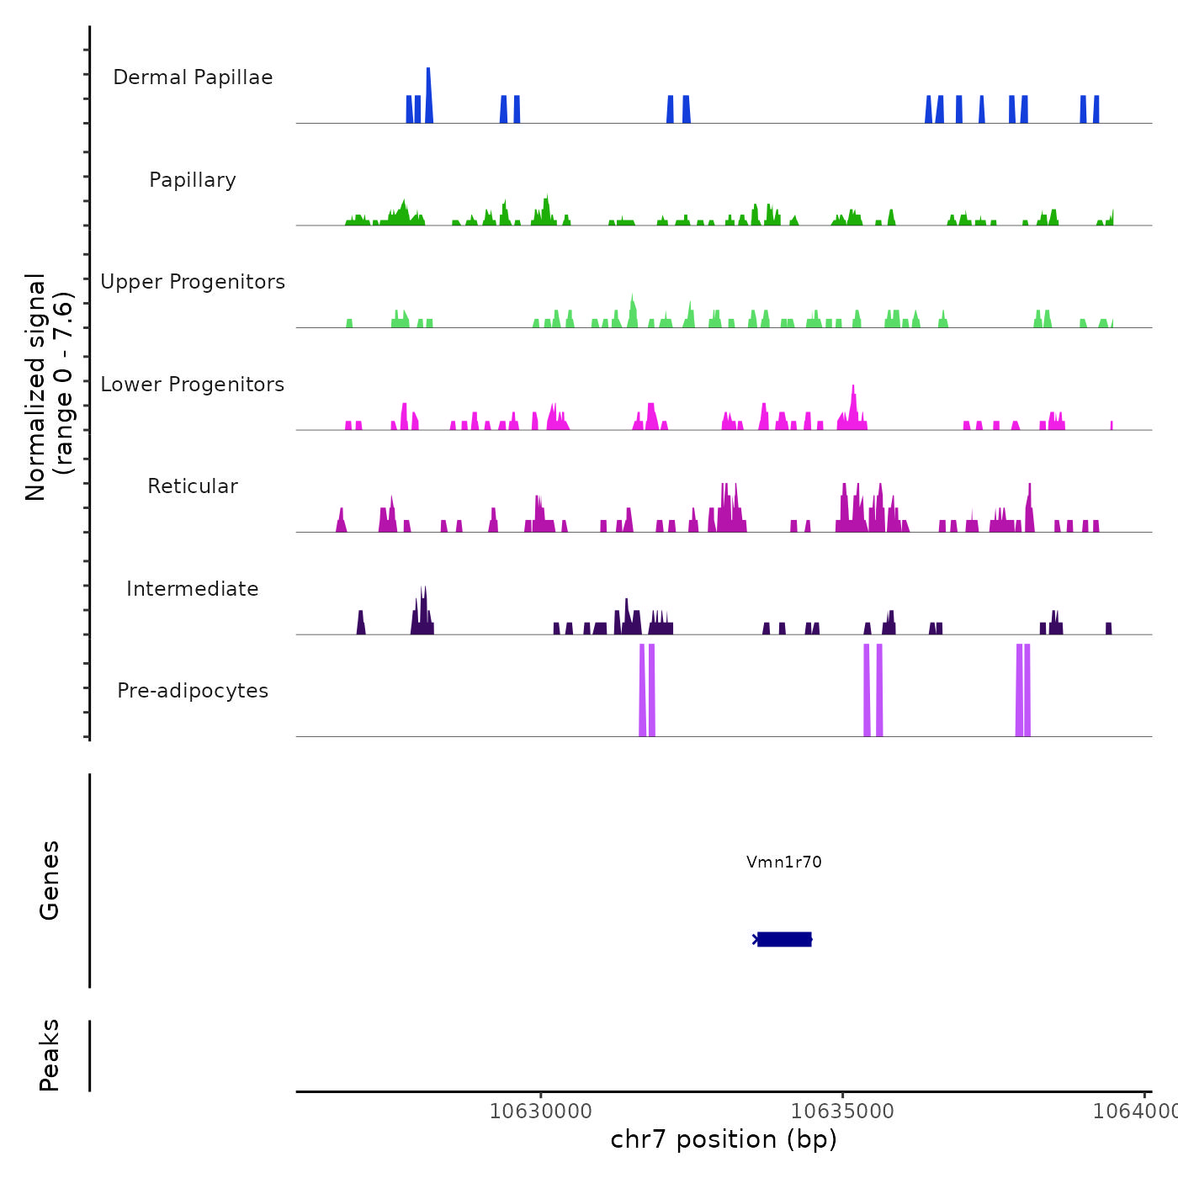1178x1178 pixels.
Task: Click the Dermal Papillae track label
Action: [193, 77]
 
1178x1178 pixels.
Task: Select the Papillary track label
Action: [193, 180]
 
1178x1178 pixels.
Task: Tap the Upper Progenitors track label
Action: [193, 282]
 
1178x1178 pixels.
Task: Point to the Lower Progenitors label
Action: [193, 385]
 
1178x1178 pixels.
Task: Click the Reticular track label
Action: [193, 486]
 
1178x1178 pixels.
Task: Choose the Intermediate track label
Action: [193, 589]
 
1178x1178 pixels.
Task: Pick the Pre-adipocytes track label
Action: [193, 691]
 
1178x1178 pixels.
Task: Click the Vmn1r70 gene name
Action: [783, 862]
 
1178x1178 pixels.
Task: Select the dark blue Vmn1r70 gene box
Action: [784, 939]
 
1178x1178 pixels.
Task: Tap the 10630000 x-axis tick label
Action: [541, 1111]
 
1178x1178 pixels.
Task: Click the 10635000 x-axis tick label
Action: [842, 1111]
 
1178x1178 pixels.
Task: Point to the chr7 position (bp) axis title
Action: [724, 1139]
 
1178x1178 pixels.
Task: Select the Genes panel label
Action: [50, 880]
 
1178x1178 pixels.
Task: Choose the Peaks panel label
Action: [50, 1055]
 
